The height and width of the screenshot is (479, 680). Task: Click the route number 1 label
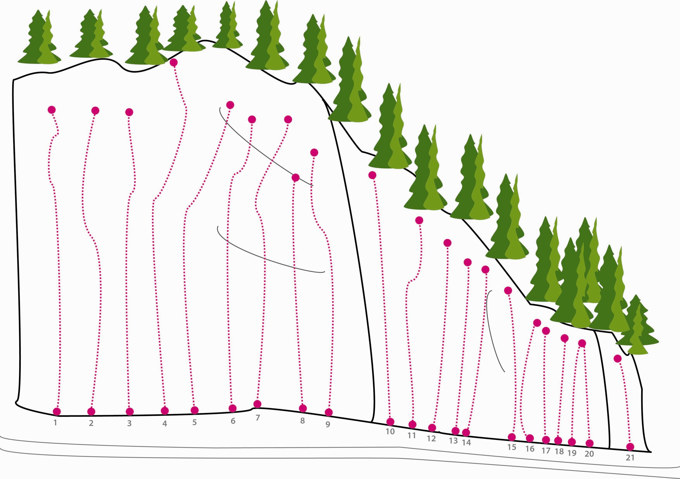click(x=55, y=422)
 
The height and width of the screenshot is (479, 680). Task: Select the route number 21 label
click(x=630, y=457)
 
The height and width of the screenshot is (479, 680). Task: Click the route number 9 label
click(x=328, y=424)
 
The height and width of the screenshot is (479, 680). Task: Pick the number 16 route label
click(x=530, y=449)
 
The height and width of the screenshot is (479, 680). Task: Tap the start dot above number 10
click(x=390, y=421)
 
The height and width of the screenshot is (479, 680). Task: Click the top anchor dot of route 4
click(x=173, y=62)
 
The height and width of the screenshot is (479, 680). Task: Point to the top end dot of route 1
click(x=51, y=110)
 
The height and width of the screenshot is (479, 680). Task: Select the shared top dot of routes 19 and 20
click(x=582, y=343)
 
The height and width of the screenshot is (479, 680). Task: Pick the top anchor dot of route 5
click(x=230, y=105)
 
